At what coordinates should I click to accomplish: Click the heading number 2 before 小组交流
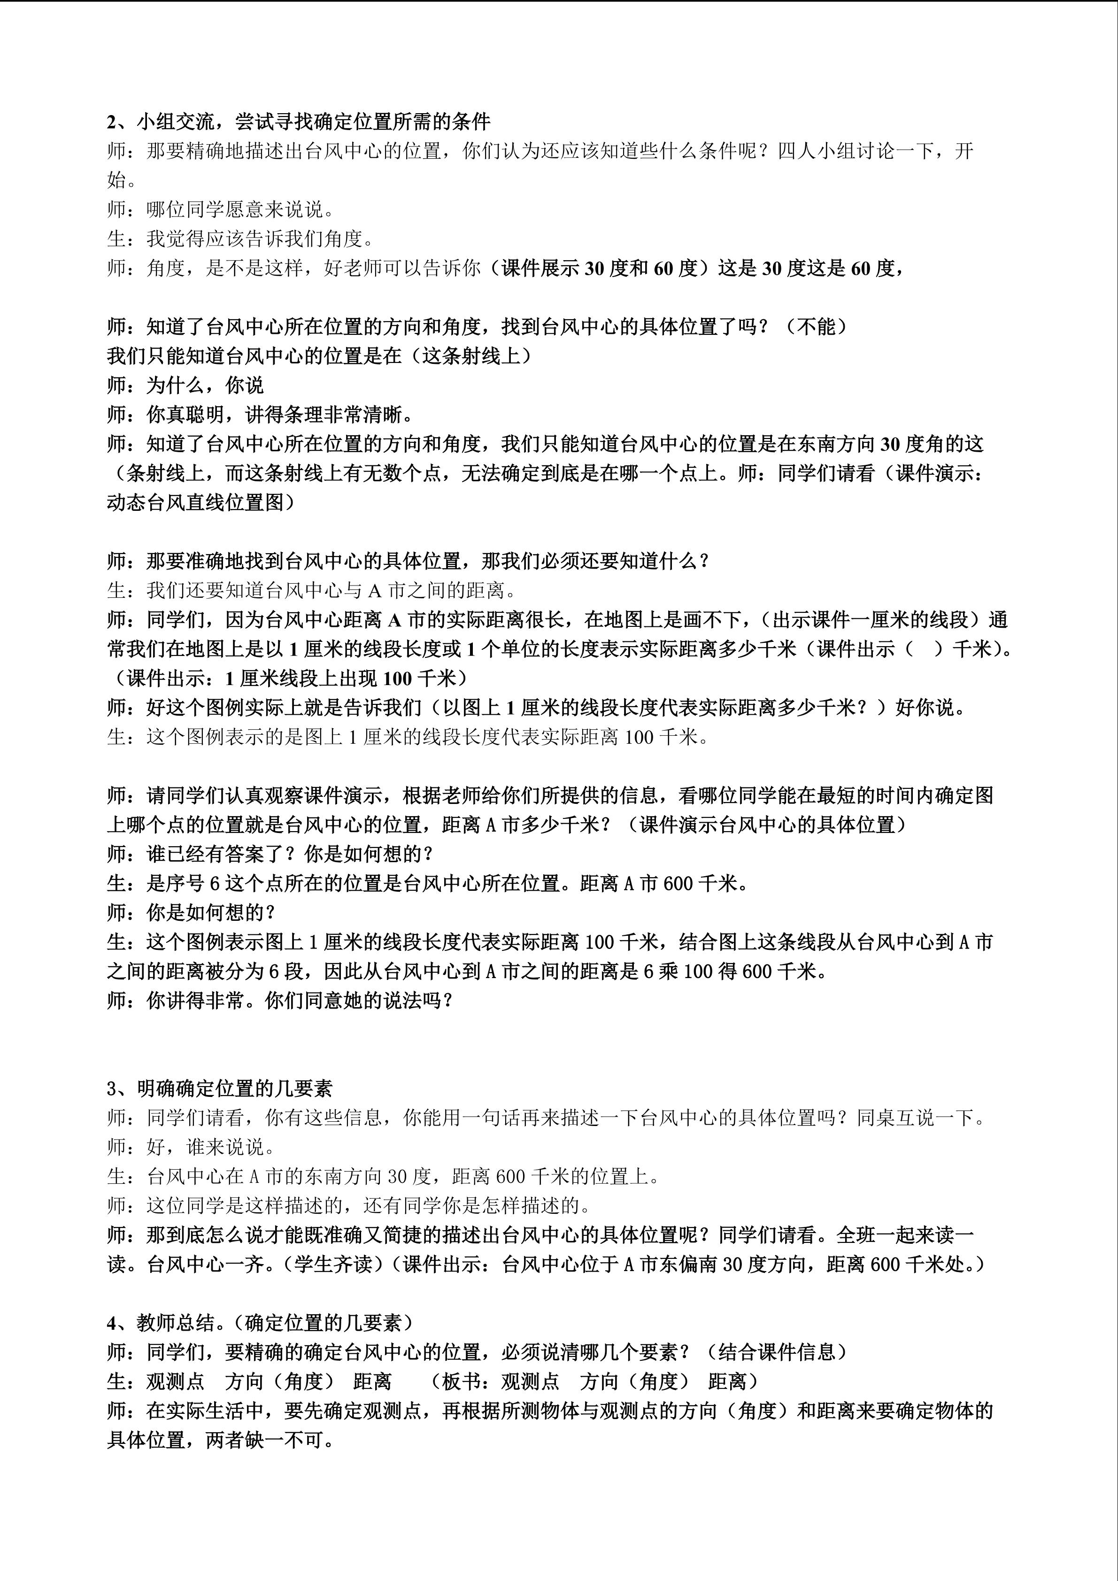tap(113, 122)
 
